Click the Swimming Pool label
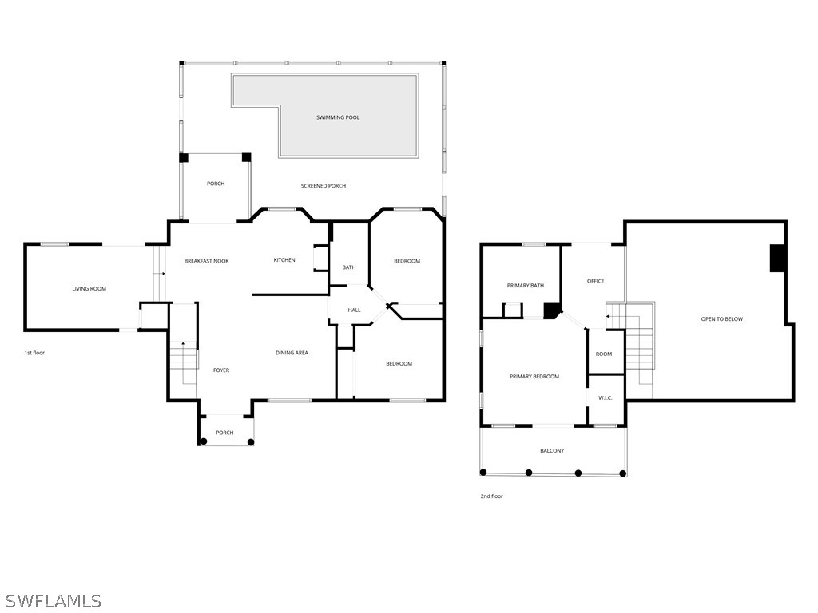338,117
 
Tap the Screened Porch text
324,185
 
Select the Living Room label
89,288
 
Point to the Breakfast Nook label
207,261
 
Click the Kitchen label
284,259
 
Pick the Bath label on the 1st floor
349,267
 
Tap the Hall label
354,310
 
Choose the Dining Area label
292,352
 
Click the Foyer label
221,370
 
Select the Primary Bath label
526,285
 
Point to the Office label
595,280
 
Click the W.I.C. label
606,397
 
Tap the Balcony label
552,450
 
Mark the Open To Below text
722,318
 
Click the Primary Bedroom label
534,376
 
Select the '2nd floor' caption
491,496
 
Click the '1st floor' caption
34,352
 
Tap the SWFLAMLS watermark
51,600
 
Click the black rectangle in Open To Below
777,258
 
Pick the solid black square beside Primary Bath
551,310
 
